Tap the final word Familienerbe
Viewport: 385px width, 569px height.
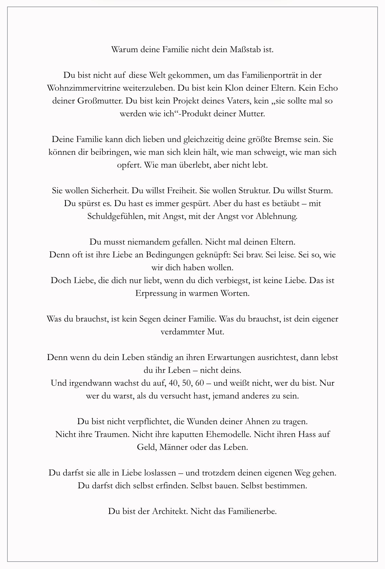(252, 511)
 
